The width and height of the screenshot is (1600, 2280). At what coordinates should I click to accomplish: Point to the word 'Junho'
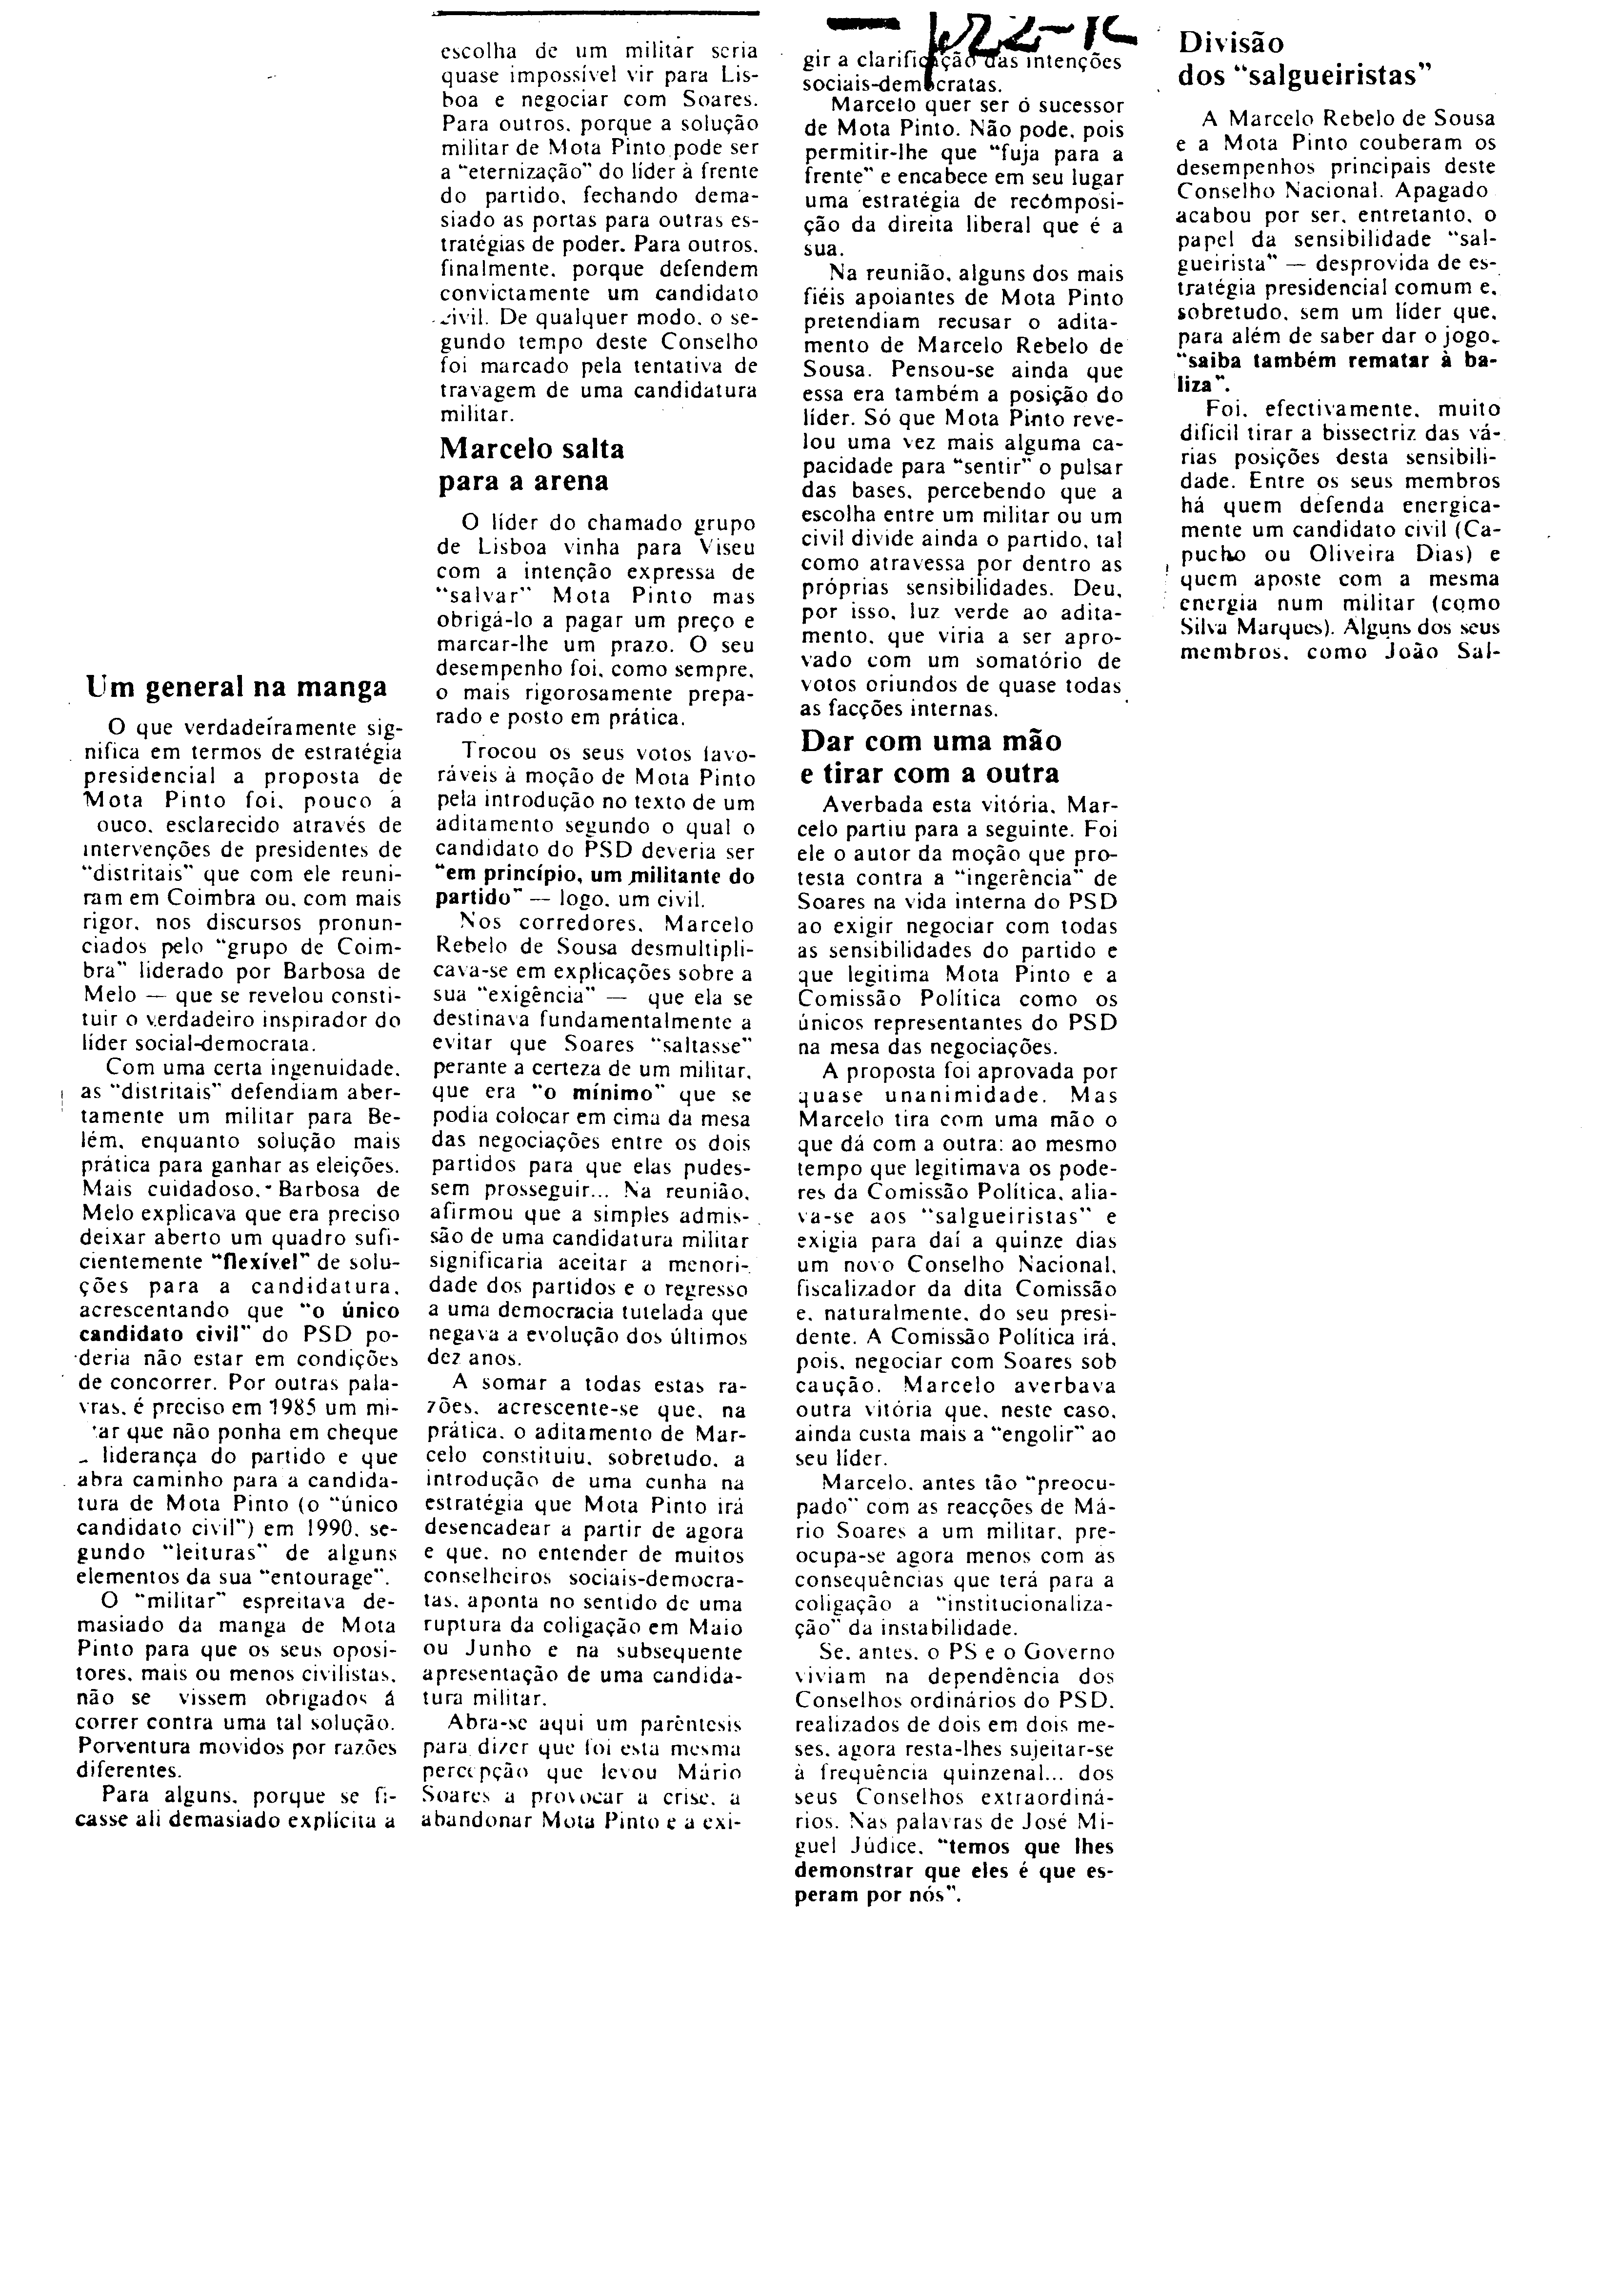pos(501,1651)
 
